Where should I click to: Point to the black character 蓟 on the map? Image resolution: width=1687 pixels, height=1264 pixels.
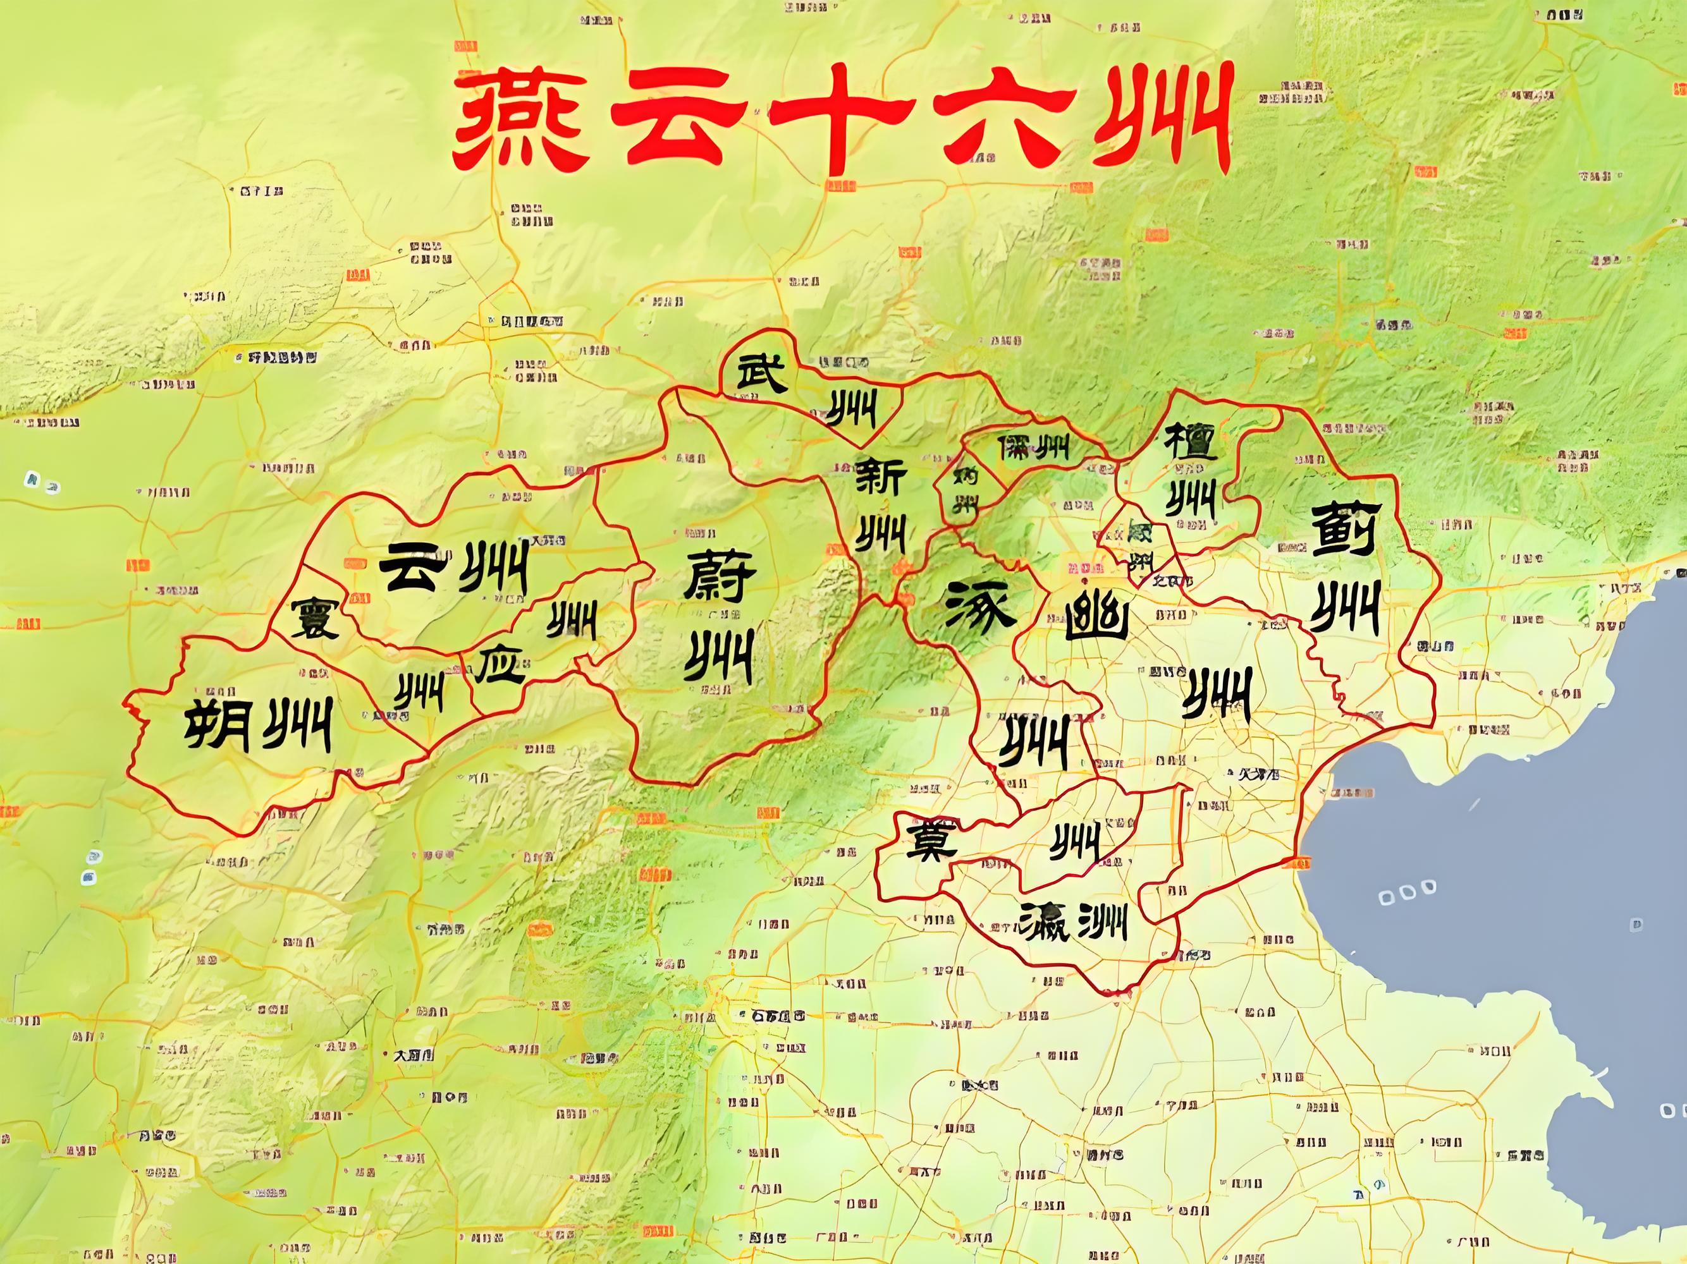point(1343,528)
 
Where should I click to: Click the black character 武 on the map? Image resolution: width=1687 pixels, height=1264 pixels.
point(761,374)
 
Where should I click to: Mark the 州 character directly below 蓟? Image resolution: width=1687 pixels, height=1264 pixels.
point(1344,607)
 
